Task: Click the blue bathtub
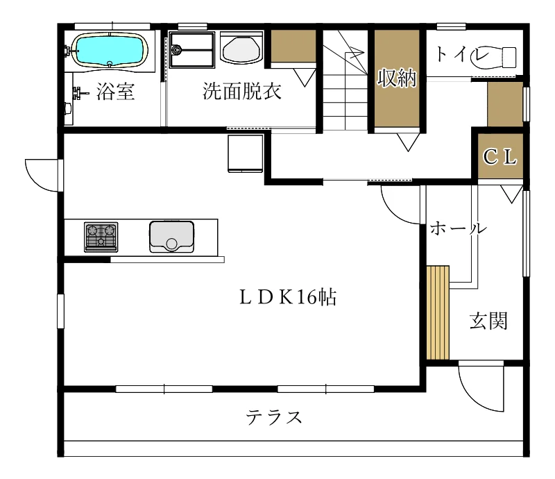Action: pyautogui.click(x=110, y=50)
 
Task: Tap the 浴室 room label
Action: pyautogui.click(x=115, y=92)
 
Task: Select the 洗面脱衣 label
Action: pyautogui.click(x=241, y=91)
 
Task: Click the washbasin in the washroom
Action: pyautogui.click(x=241, y=48)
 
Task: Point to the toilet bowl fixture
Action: pyautogui.click(x=493, y=58)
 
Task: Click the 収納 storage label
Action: pyautogui.click(x=397, y=78)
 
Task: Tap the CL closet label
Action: pyautogui.click(x=499, y=156)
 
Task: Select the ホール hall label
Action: pyautogui.click(x=459, y=228)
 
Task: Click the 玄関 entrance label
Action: pyautogui.click(x=489, y=321)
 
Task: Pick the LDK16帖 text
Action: pyautogui.click(x=288, y=297)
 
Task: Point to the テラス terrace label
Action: pyautogui.click(x=274, y=417)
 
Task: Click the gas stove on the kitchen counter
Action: pyautogui.click(x=101, y=237)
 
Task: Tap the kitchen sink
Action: pyautogui.click(x=171, y=237)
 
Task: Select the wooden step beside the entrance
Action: pyautogui.click(x=438, y=313)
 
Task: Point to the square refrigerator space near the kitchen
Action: pyautogui.click(x=246, y=153)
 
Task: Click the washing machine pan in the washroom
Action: pyautogui.click(x=192, y=49)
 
